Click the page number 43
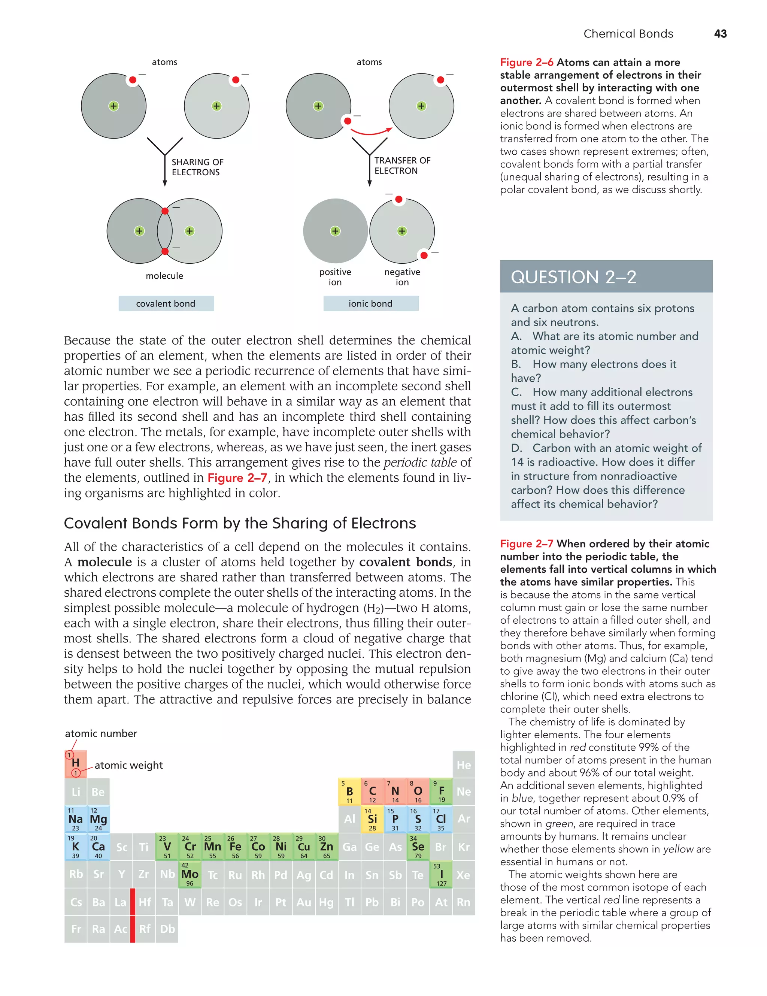[720, 34]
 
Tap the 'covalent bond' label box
[166, 304]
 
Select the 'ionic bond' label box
[371, 304]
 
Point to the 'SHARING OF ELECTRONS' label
[197, 167]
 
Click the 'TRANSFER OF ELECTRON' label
[402, 166]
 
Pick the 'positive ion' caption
[335, 277]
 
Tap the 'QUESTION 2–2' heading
[573, 277]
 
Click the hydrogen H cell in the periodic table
[76, 764]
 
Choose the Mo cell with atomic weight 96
[190, 874]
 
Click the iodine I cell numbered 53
[441, 874]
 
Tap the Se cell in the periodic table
[418, 847]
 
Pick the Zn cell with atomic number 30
[327, 847]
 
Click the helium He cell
[464, 765]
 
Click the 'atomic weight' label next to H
[128, 765]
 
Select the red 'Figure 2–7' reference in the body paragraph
[237, 478]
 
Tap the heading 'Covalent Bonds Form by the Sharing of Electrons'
[240, 523]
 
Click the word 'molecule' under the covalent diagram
[165, 276]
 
